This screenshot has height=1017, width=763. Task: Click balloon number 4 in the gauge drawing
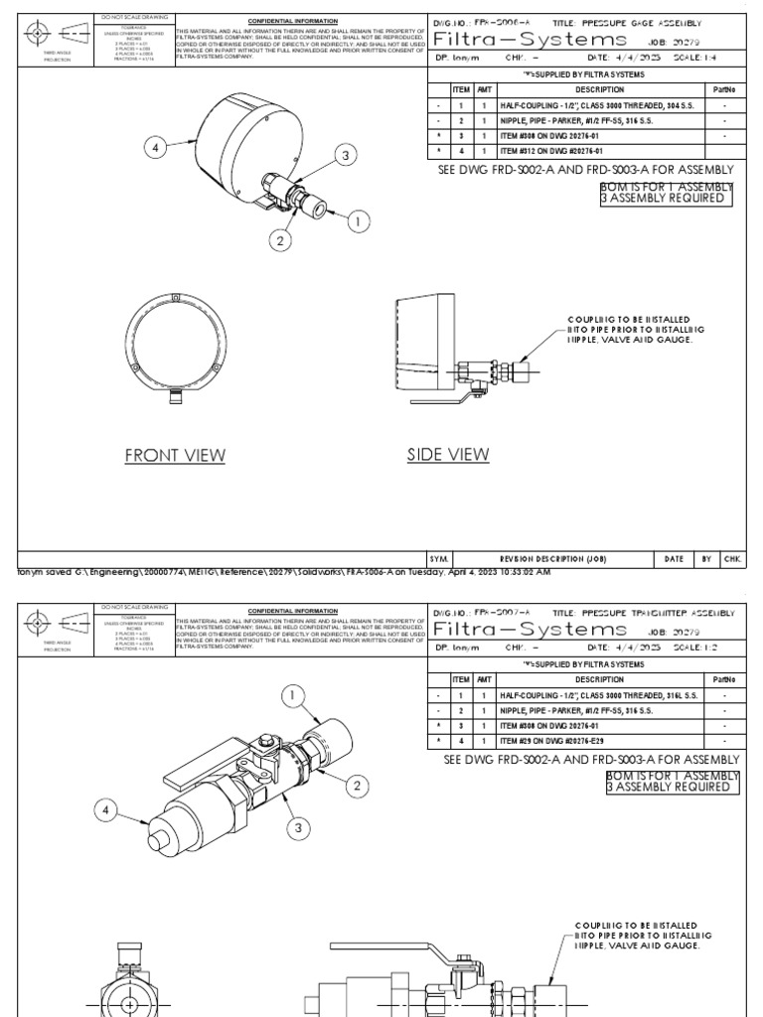pos(155,148)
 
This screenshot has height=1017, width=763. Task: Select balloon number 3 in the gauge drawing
pos(345,155)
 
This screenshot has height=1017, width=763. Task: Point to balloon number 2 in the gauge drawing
pos(280,240)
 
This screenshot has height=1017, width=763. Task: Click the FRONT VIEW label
pos(175,456)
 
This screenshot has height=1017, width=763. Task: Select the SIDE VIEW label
pos(448,455)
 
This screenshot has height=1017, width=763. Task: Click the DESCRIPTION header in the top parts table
pos(599,89)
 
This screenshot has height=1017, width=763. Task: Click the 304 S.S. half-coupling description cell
pos(599,104)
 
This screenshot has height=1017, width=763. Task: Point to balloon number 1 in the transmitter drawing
pos(295,697)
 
